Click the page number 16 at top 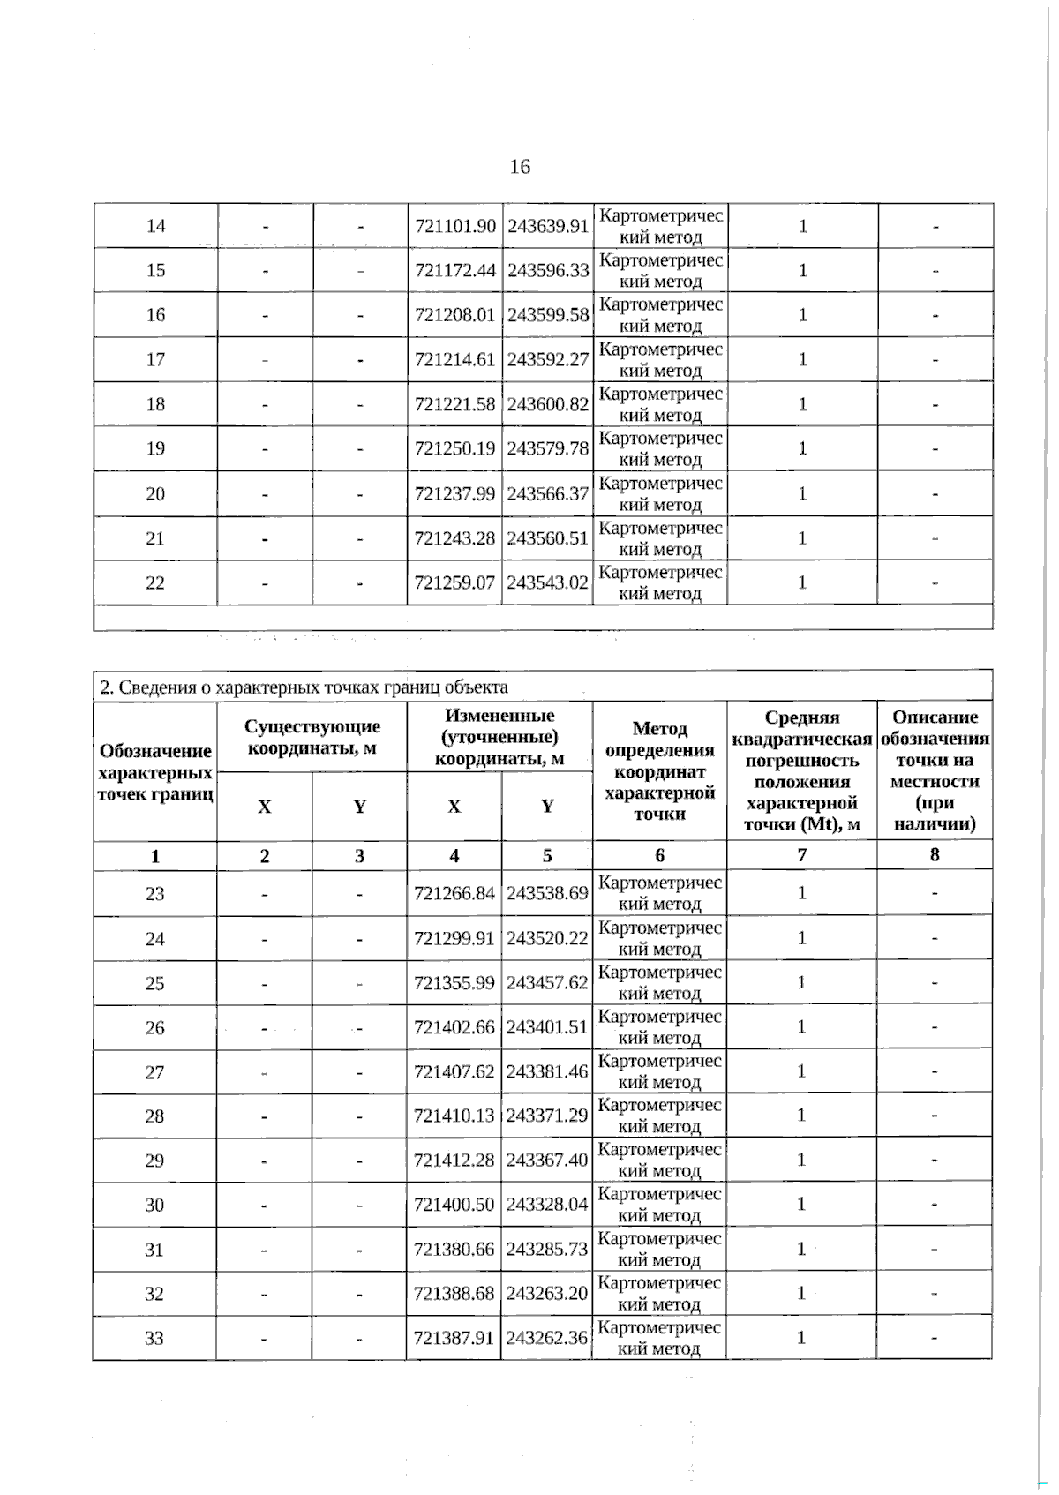coord(520,167)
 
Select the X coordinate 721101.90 coord(455,226)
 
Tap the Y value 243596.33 coord(548,270)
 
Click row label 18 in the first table coord(155,404)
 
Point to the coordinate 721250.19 coord(455,448)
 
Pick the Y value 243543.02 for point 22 coord(548,582)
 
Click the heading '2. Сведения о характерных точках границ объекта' coord(304,687)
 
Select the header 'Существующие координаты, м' coord(312,737)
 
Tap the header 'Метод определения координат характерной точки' coord(659,770)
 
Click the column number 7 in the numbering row coord(801,855)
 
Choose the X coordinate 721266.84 coord(454,893)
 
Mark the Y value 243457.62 coord(547,982)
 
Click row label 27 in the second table coord(154,1072)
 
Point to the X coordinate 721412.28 coord(454,1160)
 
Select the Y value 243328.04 coord(547,1205)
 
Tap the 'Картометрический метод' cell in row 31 coord(659,1249)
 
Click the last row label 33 coord(154,1338)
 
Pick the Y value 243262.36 coord(547,1338)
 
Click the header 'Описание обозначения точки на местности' coord(935,770)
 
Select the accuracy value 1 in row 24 coord(801,938)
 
